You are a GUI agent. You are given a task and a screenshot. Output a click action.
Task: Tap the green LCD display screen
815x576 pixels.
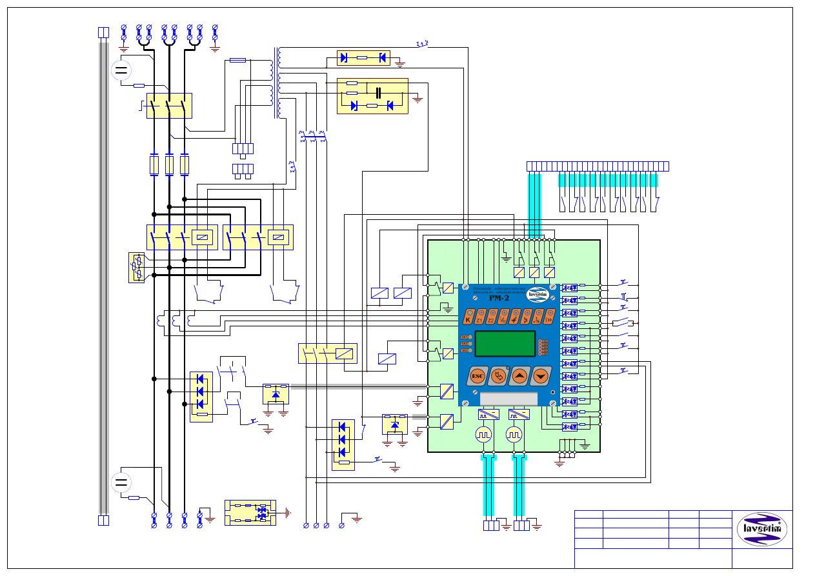(505, 343)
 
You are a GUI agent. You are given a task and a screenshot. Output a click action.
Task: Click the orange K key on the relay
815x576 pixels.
(467, 317)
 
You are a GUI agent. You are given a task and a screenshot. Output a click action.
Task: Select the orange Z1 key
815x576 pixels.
(479, 317)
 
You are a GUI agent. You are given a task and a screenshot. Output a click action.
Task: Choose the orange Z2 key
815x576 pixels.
(491, 317)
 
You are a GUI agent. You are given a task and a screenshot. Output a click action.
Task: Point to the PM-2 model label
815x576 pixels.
(499, 297)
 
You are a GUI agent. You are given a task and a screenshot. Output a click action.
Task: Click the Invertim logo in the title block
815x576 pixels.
(762, 529)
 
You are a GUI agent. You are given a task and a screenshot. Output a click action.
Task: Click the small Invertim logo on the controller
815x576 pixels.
(538, 295)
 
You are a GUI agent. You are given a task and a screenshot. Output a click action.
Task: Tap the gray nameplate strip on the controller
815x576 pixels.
(508, 399)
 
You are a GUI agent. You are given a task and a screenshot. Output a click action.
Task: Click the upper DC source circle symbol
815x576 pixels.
(121, 70)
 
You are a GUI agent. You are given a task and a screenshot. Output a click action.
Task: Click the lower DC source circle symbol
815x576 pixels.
(121, 482)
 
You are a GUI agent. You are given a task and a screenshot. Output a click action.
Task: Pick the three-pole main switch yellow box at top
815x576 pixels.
(169, 106)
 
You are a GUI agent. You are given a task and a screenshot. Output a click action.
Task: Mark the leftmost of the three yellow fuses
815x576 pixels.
(154, 165)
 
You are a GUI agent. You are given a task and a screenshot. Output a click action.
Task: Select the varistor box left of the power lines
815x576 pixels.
(137, 268)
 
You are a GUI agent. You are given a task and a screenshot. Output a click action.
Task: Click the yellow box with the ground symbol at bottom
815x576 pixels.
(250, 513)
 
